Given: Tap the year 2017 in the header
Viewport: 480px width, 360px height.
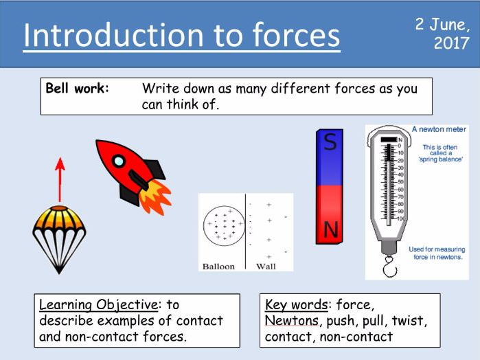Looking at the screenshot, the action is [x=452, y=43].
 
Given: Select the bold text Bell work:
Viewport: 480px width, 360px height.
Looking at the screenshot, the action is [x=77, y=88].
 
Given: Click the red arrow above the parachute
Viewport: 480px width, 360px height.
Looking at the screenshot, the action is [x=60, y=180].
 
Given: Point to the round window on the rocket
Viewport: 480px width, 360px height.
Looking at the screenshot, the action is [x=119, y=161].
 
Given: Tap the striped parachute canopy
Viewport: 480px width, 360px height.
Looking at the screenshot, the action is [x=59, y=218].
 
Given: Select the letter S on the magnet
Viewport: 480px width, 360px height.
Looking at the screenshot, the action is [x=330, y=142].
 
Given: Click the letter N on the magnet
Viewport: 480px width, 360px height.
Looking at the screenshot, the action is [x=330, y=229].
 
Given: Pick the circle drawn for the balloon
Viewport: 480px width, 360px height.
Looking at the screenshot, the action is [x=203, y=226].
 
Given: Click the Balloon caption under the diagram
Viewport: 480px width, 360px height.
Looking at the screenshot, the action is [x=218, y=267].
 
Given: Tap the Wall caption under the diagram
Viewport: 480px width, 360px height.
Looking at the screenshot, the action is [x=266, y=267].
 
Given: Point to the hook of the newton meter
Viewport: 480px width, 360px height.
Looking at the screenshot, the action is [x=390, y=267].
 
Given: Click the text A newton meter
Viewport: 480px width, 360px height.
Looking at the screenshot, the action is [x=439, y=129].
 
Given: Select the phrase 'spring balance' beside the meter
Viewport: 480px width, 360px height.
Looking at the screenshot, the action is [x=440, y=159].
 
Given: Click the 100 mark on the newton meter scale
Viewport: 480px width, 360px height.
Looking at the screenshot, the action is [x=401, y=218].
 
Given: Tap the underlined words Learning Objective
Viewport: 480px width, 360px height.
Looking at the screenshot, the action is [x=99, y=305].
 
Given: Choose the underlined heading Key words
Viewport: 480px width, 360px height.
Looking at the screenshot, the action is [x=297, y=305].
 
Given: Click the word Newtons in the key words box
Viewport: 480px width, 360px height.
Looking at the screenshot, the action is [x=291, y=320].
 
